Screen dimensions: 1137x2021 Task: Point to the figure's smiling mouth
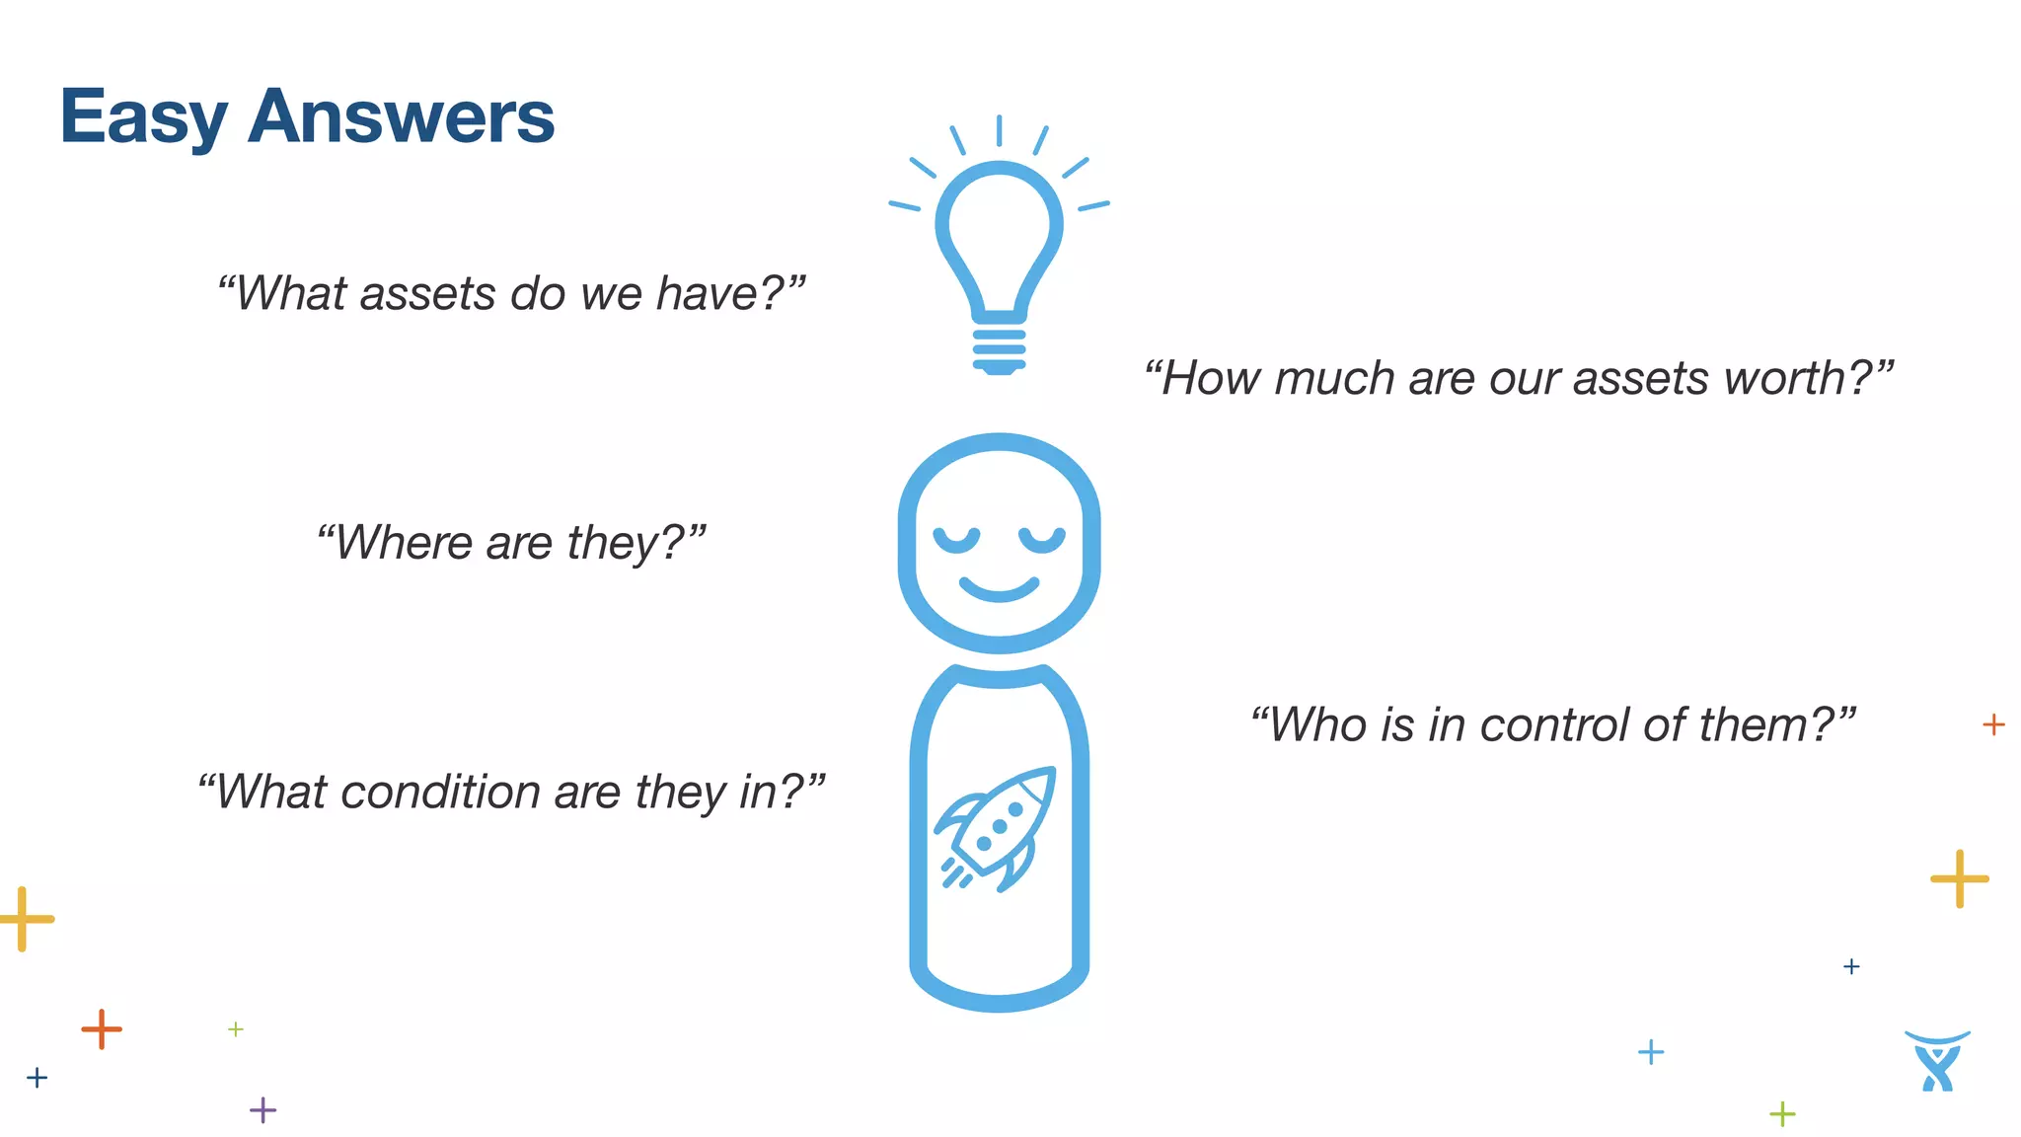coord(999,589)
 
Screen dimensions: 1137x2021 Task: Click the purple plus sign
coord(262,1110)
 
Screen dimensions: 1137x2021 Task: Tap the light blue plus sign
coord(1650,1052)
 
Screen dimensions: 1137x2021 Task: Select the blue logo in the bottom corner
coord(1937,1062)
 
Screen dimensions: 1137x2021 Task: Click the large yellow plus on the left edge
coord(24,919)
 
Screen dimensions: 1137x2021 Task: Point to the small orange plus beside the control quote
coord(1993,724)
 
